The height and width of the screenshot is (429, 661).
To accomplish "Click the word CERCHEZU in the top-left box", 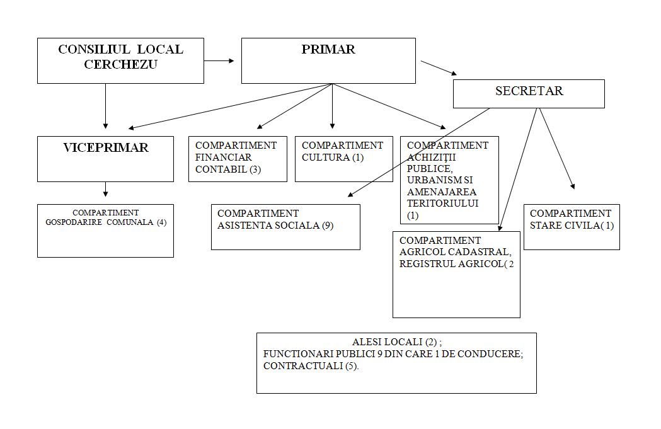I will click(x=120, y=64).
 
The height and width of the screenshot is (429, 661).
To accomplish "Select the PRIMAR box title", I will click(x=328, y=50).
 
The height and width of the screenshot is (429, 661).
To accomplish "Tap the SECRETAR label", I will click(x=529, y=91).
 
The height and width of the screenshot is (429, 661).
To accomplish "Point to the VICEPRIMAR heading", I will click(x=105, y=148).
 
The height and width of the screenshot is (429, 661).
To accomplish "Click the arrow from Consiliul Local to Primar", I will click(x=219, y=61).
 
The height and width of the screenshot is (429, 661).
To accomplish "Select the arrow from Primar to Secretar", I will click(x=439, y=68).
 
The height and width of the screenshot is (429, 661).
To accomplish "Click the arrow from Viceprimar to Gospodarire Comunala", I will click(x=105, y=189).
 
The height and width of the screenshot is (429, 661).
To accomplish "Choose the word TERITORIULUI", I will click(x=443, y=203).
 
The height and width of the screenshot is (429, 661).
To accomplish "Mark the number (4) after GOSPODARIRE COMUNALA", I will click(x=161, y=222).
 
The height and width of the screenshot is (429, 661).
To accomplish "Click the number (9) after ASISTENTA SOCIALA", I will click(x=328, y=226).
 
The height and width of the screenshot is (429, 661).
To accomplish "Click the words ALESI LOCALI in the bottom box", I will click(x=388, y=341).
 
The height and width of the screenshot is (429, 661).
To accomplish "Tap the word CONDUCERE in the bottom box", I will click(x=493, y=353).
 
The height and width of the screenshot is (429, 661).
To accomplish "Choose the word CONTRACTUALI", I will click(x=302, y=365).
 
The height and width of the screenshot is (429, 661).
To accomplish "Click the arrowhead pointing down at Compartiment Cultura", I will click(x=332, y=126).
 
